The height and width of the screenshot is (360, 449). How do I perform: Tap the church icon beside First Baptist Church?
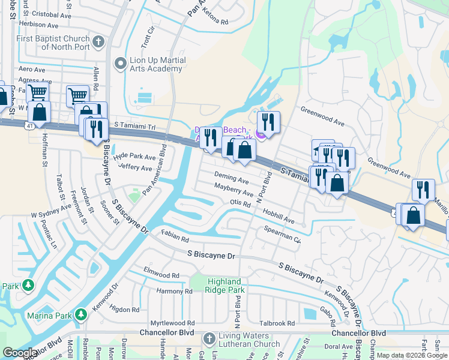tap(100, 41)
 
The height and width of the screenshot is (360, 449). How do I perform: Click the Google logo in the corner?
tap(20, 353)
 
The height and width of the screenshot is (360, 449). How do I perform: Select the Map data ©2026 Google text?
tap(412, 355)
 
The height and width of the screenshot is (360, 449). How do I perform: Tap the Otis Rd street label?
tap(240, 203)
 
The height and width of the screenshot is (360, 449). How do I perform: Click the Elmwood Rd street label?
tap(161, 274)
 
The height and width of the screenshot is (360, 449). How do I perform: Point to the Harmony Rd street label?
tap(174, 291)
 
